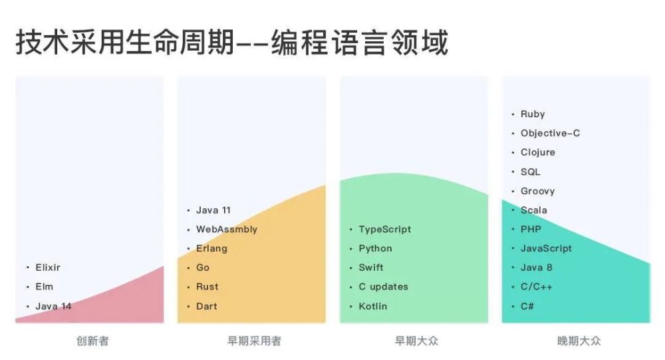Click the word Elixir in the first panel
[48, 268]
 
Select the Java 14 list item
[53, 306]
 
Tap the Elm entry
[45, 287]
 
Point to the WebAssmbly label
[227, 230]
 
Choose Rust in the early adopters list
[207, 287]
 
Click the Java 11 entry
[213, 210]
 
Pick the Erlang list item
[211, 249]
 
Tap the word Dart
[207, 306]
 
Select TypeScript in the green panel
[384, 230]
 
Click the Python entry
[375, 248]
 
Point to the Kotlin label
[373, 306]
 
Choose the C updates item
[384, 287]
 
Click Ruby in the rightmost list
[533, 114]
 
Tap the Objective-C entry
[550, 133]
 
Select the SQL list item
[531, 172]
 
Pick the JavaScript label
[546, 248]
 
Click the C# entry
[527, 306]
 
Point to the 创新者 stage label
[92, 341]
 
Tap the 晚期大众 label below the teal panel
[579, 341]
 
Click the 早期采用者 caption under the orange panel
[254, 341]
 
